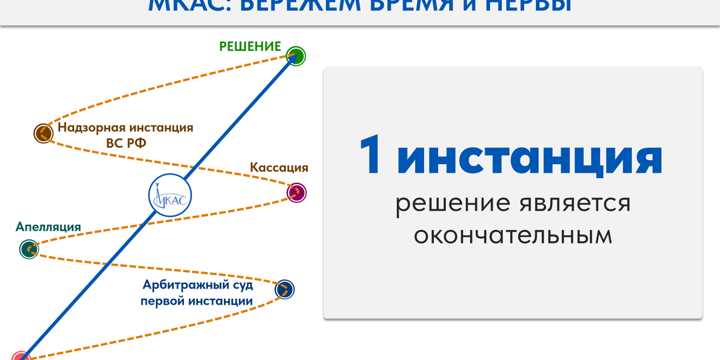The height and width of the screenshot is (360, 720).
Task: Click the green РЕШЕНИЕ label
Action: tap(250, 46)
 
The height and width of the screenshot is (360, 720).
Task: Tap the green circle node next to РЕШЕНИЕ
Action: tap(295, 56)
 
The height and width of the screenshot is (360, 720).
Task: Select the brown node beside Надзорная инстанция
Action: tap(43, 133)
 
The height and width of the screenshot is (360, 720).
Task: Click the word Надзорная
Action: tap(89, 127)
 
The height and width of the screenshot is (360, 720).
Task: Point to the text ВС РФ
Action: tap(126, 143)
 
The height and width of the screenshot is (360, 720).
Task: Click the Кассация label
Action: tap(279, 167)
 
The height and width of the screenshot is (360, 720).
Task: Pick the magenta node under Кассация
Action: tap(296, 193)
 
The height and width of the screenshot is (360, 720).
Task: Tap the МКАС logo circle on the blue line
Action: tap(169, 195)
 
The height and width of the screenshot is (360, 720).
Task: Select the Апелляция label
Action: tap(48, 227)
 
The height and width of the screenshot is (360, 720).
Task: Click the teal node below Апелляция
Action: tap(29, 249)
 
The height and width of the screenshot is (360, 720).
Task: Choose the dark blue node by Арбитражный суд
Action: tap(284, 289)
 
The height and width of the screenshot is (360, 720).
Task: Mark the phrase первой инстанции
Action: tap(197, 301)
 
